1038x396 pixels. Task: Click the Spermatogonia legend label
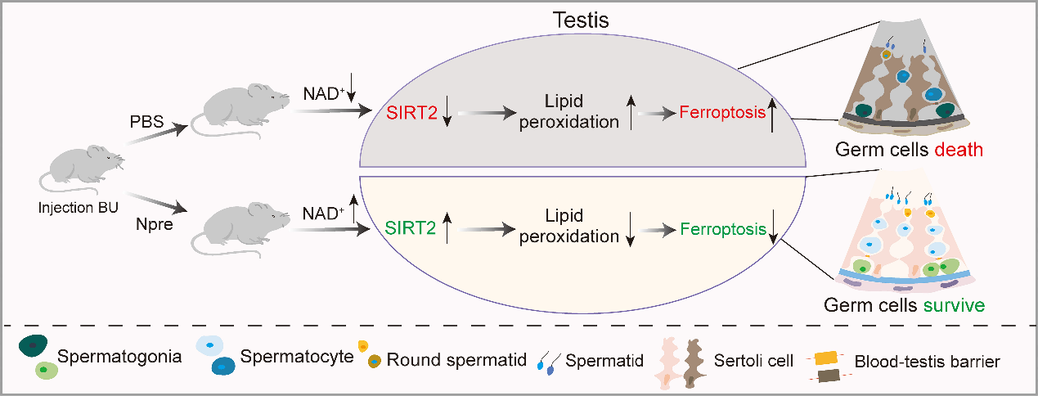(x=119, y=358)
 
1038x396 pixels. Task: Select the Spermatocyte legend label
(x=296, y=358)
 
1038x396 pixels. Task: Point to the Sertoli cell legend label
(x=753, y=359)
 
